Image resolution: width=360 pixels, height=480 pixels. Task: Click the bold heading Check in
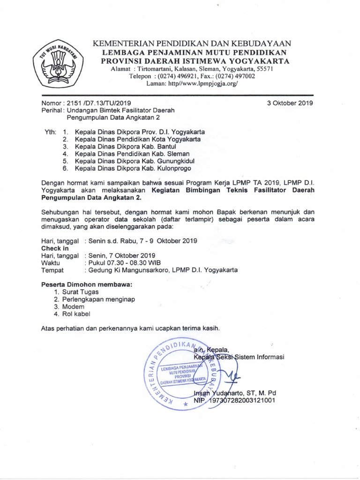point(55,248)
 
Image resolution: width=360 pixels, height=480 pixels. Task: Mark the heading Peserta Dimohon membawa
point(87,284)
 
